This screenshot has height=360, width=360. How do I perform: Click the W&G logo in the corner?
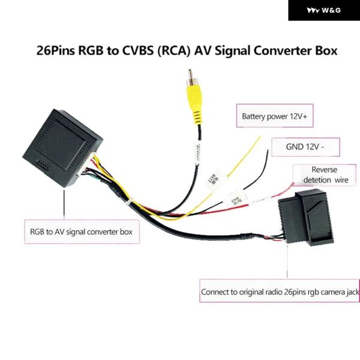(x=323, y=10)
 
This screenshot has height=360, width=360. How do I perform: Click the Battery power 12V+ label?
(x=274, y=116)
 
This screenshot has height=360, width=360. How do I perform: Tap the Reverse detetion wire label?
(x=325, y=175)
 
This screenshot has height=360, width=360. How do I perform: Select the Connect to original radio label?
(x=280, y=293)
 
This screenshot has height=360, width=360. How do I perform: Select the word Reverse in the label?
(x=325, y=170)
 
